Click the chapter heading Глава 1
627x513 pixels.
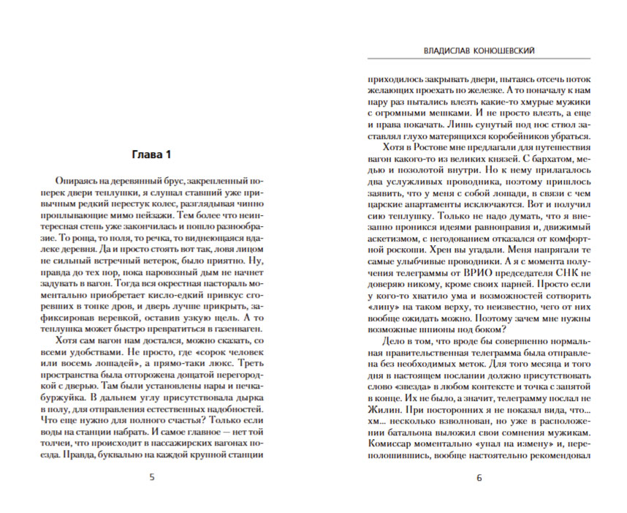click(151, 154)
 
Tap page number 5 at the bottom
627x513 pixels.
click(152, 479)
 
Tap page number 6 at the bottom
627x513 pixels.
click(479, 479)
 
